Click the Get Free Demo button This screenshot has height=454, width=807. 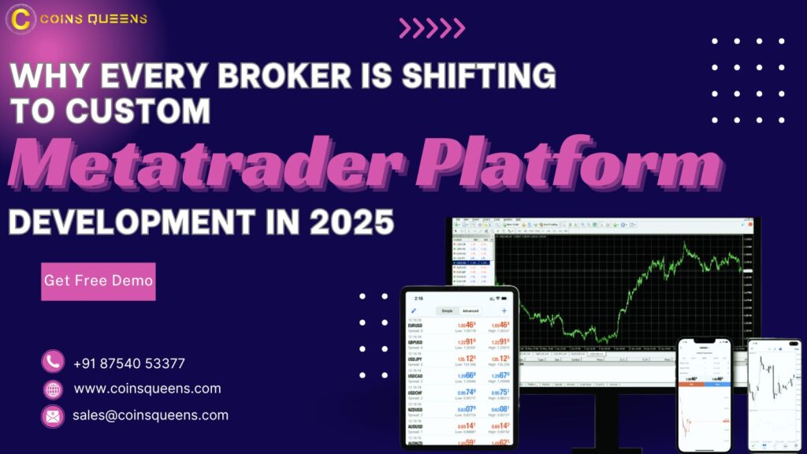pos(99,281)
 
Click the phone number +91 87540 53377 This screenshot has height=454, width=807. pos(128,363)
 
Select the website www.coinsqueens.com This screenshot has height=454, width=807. pos(147,389)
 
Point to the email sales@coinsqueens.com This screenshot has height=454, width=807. pos(151,415)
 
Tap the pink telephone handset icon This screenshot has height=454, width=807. pos(53,362)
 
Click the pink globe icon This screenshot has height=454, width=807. pos(53,389)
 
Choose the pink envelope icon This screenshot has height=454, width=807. pos(53,416)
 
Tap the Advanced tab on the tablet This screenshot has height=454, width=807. pos(470,311)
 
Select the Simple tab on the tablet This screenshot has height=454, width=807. pos(447,311)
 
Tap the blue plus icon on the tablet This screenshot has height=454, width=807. pos(504,311)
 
